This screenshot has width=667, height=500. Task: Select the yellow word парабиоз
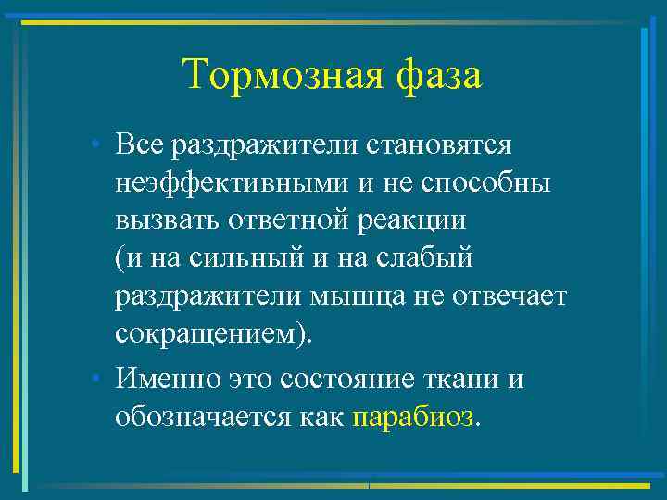click(412, 418)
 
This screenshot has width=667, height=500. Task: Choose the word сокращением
click(208, 340)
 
